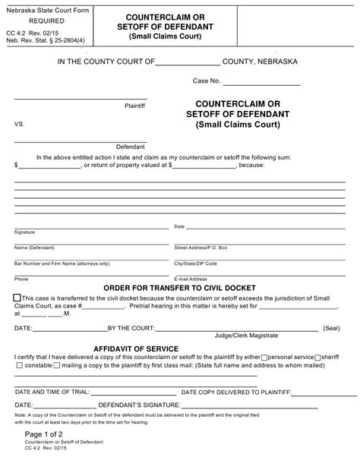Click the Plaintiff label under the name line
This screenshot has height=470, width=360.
pos(134,106)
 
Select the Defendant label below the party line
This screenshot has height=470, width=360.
pos(130,146)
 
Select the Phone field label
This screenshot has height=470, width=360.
pos(21,279)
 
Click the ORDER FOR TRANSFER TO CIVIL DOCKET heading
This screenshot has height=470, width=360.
pos(180,288)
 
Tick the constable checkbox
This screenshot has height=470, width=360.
pos(18,365)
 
